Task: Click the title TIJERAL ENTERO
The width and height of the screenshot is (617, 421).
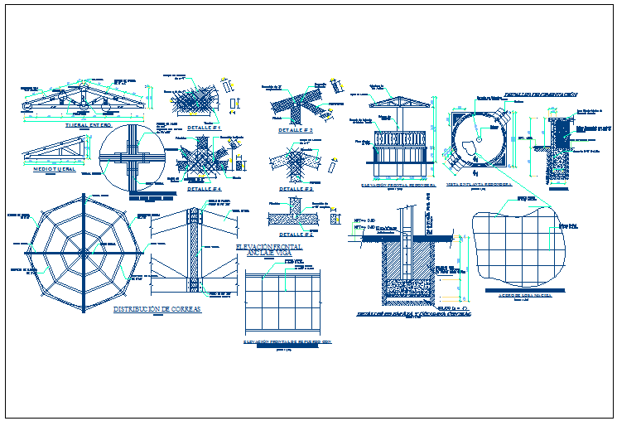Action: tap(87, 125)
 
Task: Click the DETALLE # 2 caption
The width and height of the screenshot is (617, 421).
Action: tap(295, 130)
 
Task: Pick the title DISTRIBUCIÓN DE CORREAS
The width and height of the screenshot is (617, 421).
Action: tap(157, 308)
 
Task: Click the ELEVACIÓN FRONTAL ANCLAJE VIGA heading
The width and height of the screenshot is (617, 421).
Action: tap(269, 250)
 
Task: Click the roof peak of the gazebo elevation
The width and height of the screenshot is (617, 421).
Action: tap(400, 97)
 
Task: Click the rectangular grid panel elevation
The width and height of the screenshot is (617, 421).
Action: tap(285, 301)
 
